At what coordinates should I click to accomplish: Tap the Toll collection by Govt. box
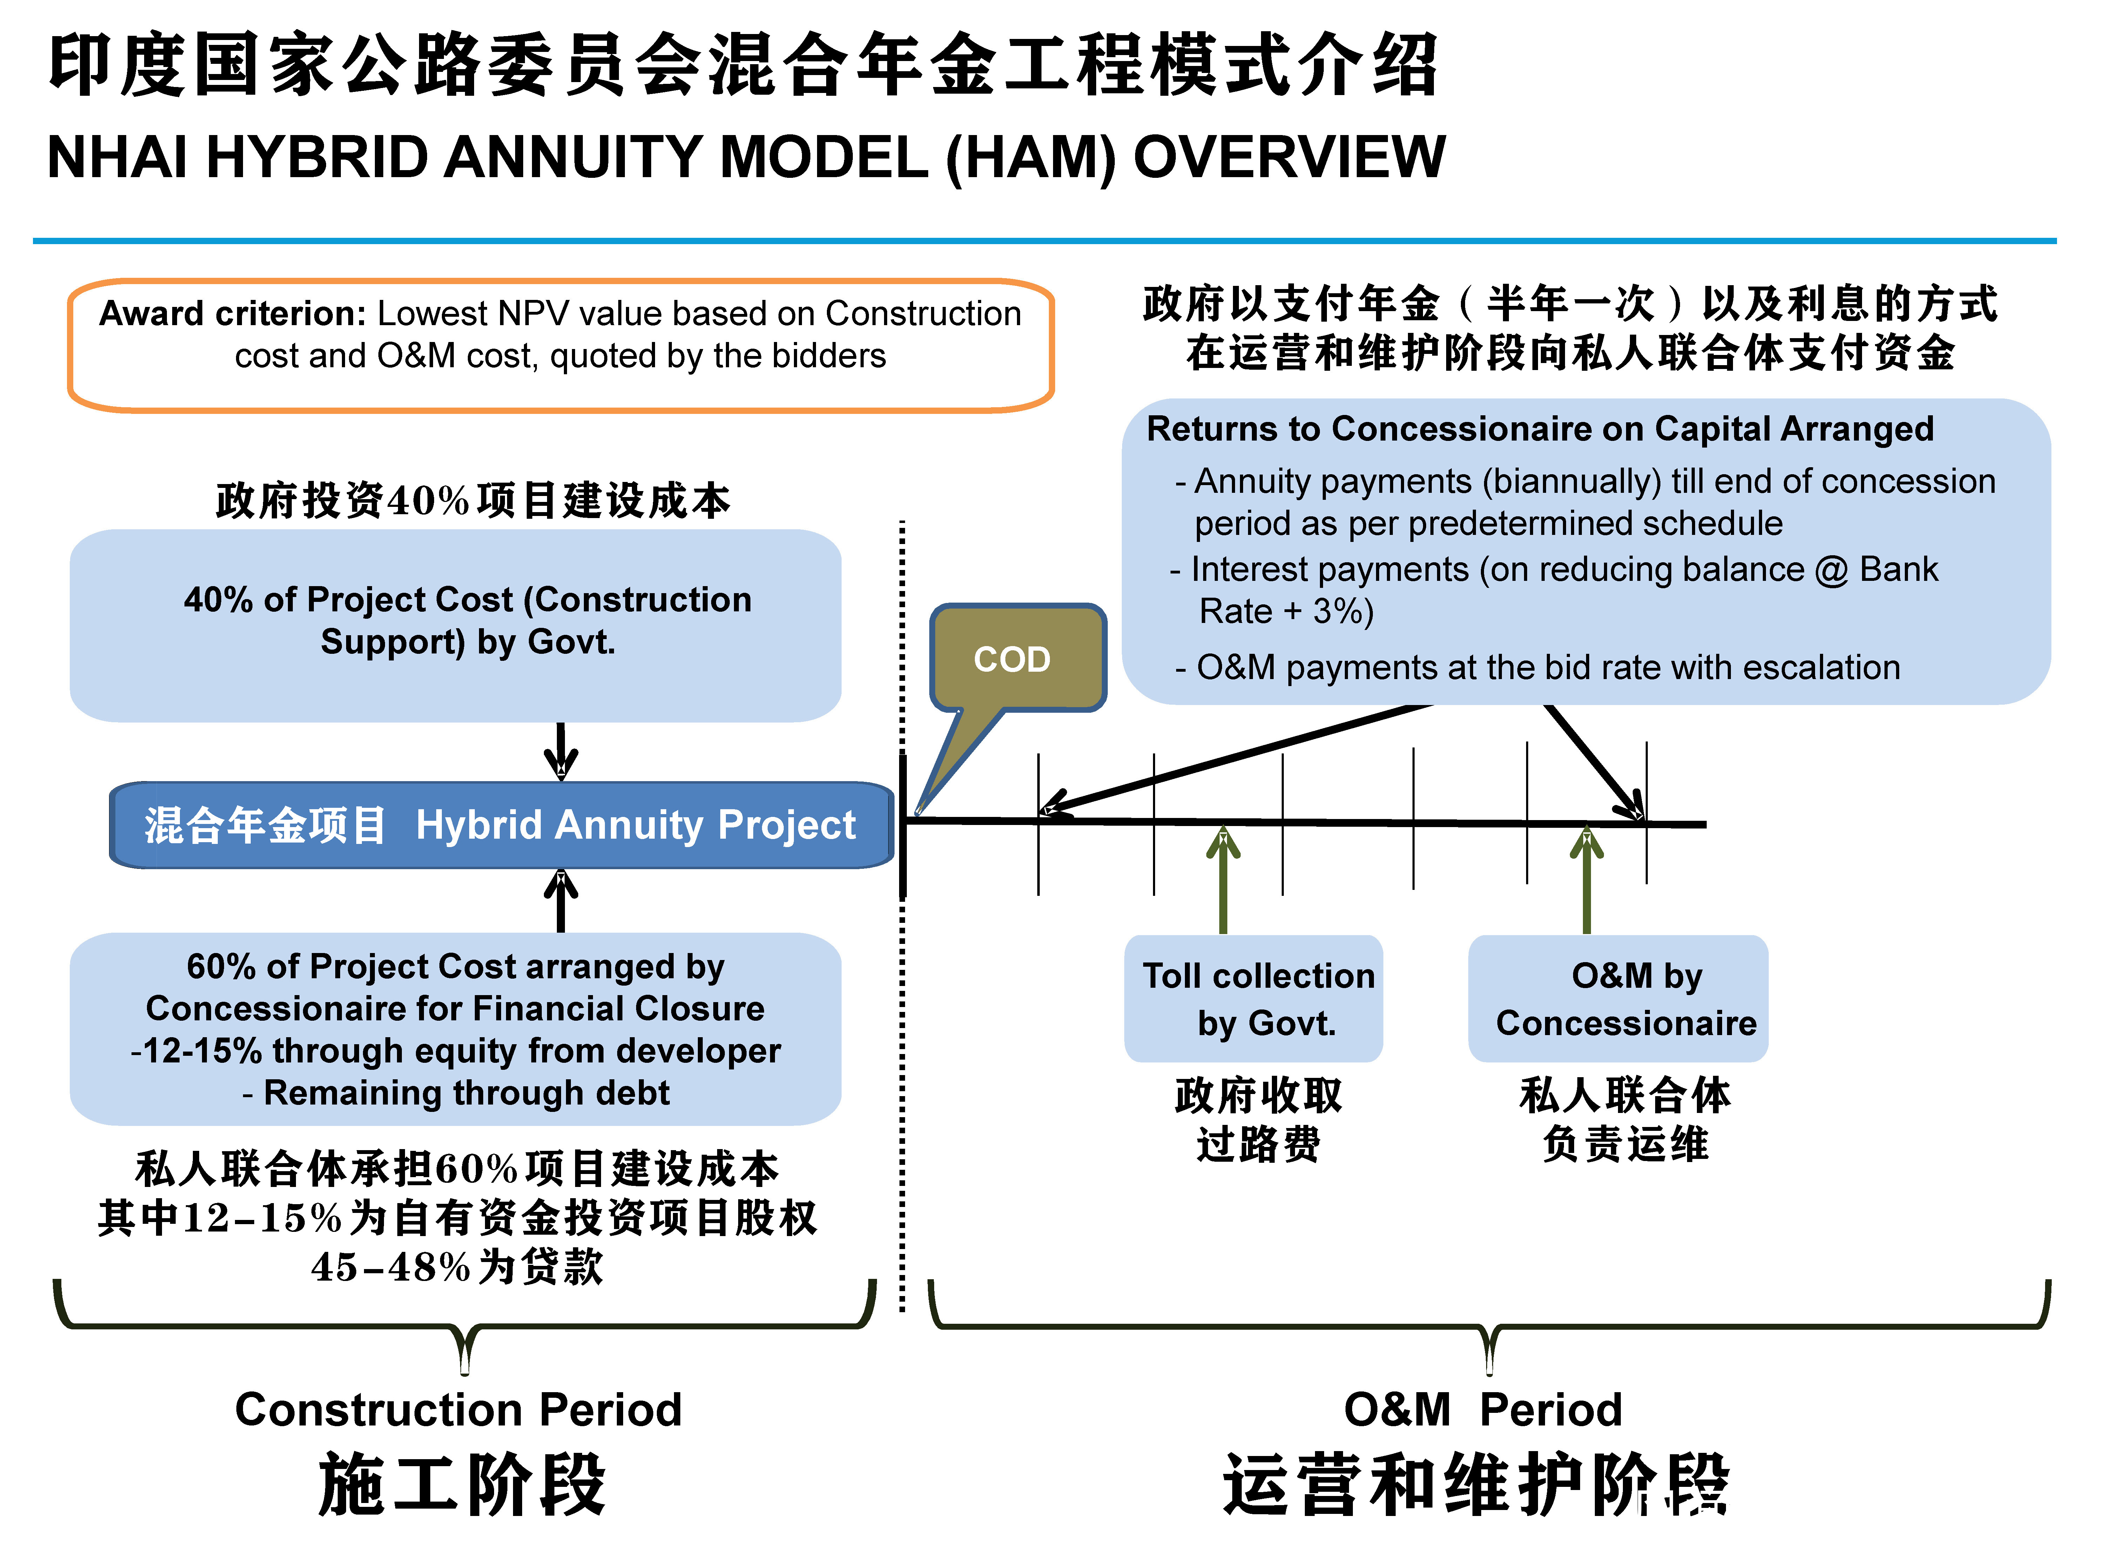click(1253, 998)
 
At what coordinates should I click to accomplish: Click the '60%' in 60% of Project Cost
click(221, 966)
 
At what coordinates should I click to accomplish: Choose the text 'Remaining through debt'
click(466, 1093)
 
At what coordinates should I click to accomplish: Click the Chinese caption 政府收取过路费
click(1258, 1119)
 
